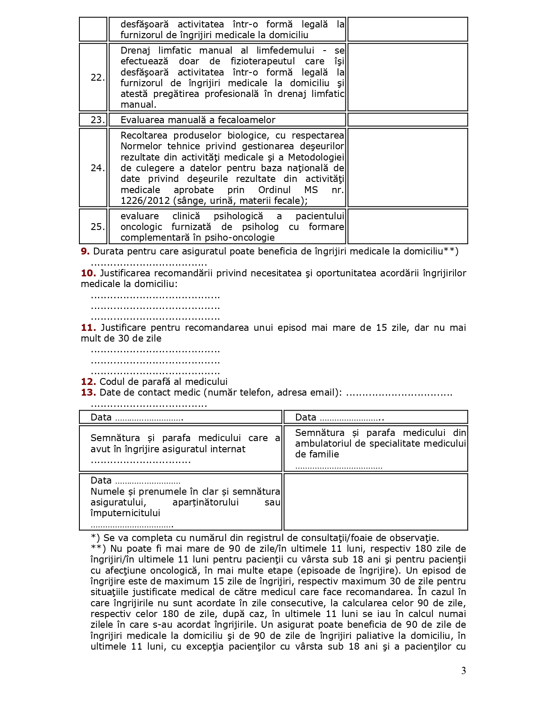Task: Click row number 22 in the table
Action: coord(97,78)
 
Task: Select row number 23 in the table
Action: coord(97,120)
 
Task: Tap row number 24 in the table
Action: coord(97,168)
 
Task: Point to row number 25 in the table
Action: coord(97,227)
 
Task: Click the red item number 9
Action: coord(85,251)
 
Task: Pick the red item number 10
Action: coord(88,273)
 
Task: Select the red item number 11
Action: coord(88,328)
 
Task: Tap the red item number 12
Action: coord(88,382)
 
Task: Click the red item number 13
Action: coord(88,393)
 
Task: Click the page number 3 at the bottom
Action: coord(463,671)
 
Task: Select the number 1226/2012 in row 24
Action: coord(146,201)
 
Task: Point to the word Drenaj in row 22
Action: coord(134,51)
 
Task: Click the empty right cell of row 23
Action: coord(408,120)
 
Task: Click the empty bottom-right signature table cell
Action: coord(375,502)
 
